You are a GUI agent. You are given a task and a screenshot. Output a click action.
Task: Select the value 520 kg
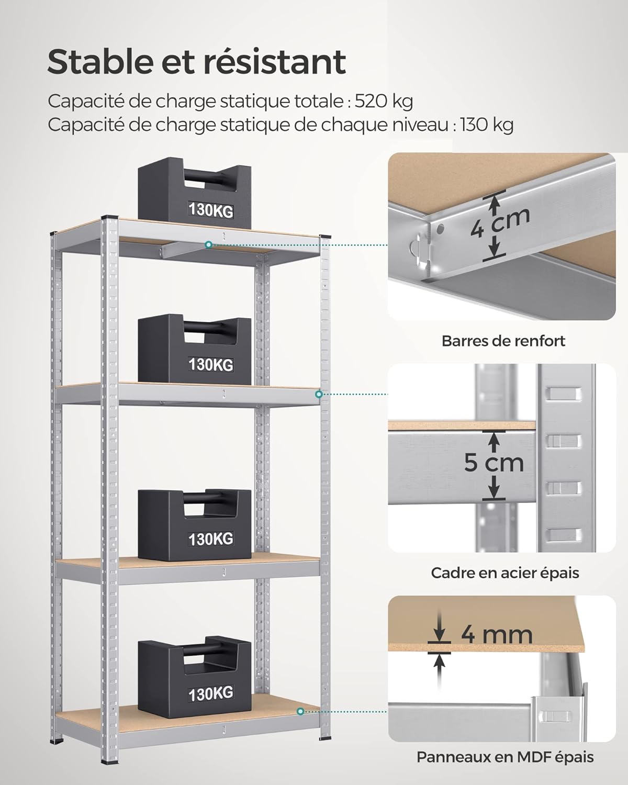(x=384, y=101)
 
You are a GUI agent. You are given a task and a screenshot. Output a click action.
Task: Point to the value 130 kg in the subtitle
(x=487, y=125)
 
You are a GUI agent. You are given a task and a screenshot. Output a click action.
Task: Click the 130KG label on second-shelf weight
(x=211, y=364)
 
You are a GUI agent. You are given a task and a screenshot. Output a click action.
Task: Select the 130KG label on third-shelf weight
(x=211, y=539)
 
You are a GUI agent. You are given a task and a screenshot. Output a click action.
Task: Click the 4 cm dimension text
(x=500, y=223)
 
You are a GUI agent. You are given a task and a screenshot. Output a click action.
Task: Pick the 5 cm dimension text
(x=494, y=463)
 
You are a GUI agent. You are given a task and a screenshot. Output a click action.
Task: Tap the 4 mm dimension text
(x=496, y=634)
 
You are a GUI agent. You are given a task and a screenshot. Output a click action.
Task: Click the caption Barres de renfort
(x=503, y=341)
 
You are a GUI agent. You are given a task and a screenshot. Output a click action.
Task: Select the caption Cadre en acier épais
(x=505, y=573)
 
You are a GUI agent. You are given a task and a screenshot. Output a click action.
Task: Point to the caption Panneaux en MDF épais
(x=505, y=757)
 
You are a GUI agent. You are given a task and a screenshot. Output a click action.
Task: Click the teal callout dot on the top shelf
(x=208, y=244)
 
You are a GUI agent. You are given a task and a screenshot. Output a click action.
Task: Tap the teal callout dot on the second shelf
(x=318, y=394)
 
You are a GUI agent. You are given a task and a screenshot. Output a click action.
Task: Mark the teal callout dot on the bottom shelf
(x=300, y=711)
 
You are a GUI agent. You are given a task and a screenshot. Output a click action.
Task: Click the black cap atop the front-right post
(x=325, y=237)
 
